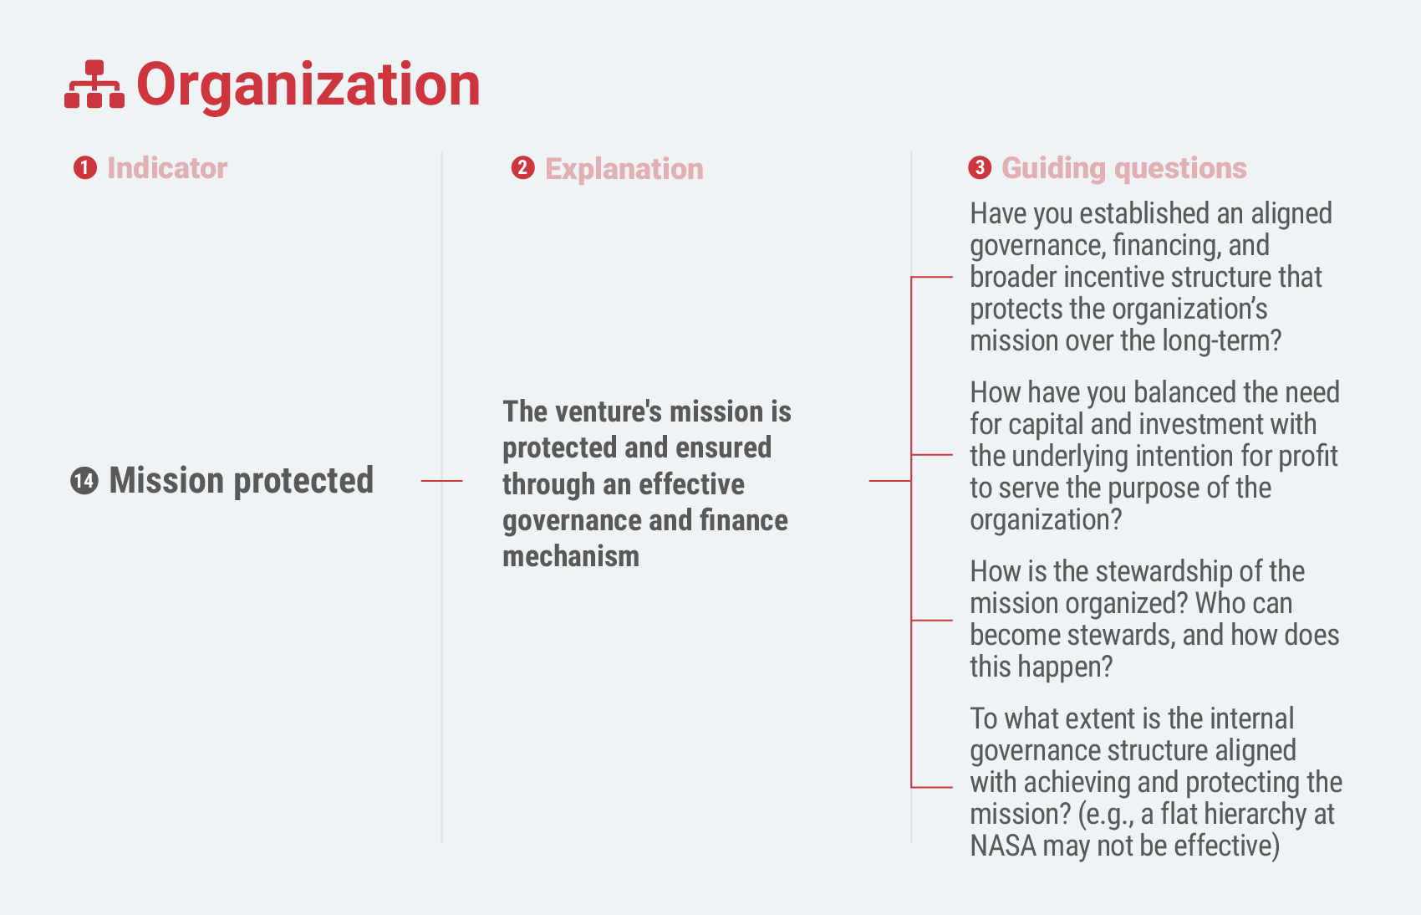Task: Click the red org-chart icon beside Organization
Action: coord(94,84)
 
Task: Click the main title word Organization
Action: coord(308,85)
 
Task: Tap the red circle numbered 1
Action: coord(85,168)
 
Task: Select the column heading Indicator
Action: coord(167,168)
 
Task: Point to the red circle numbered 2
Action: coord(522,168)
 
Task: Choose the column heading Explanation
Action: coord(624,169)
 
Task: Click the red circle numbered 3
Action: coord(980,168)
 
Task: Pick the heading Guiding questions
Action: coord(1124,169)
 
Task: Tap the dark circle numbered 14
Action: coord(84,480)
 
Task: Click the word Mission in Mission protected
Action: coord(167,480)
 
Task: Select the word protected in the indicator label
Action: coord(304,481)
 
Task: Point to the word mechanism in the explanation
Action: coord(571,556)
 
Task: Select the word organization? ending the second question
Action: coord(1046,519)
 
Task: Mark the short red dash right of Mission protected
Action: coord(441,481)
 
